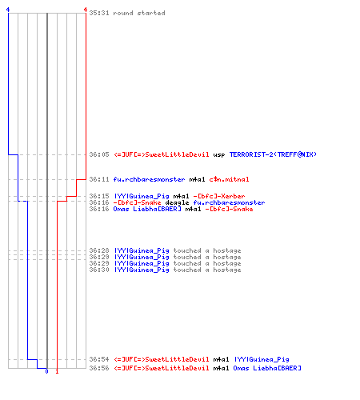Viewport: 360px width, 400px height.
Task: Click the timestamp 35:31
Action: pyautogui.click(x=99, y=13)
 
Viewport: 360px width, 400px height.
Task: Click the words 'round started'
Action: pyautogui.click(x=139, y=13)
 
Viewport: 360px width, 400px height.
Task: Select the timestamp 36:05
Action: pyautogui.click(x=99, y=154)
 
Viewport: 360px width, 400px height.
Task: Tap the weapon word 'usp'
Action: pyautogui.click(x=219, y=155)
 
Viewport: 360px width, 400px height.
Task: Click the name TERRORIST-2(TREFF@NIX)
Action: pyautogui.click(x=273, y=154)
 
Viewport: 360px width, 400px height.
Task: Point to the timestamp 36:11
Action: pyautogui.click(x=99, y=179)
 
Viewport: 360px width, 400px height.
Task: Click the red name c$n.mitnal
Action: pyautogui.click(x=229, y=179)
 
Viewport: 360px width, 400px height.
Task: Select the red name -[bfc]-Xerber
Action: pyautogui.click(x=219, y=197)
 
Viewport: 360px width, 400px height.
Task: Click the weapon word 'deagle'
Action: pyautogui.click(x=177, y=203)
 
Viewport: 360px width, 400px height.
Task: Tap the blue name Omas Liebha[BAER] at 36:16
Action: pyautogui.click(x=147, y=209)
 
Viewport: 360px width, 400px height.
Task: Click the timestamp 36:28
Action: pyautogui.click(x=99, y=250)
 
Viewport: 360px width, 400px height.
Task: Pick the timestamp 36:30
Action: pyautogui.click(x=99, y=270)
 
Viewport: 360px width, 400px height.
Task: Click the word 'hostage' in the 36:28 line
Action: pyautogui.click(x=227, y=251)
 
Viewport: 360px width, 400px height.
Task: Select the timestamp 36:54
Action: pyautogui.click(x=99, y=359)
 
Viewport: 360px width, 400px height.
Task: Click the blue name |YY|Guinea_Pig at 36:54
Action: pyautogui.click(x=262, y=359)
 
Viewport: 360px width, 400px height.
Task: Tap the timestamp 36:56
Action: pyautogui.click(x=99, y=368)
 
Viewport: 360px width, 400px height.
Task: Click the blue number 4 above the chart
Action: pyautogui.click(x=8, y=10)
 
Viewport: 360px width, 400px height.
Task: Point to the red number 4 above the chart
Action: pyautogui.click(x=86, y=10)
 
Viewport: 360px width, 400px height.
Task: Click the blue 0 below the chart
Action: pyautogui.click(x=46, y=371)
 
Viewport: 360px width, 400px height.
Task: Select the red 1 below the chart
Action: pyautogui.click(x=57, y=371)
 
